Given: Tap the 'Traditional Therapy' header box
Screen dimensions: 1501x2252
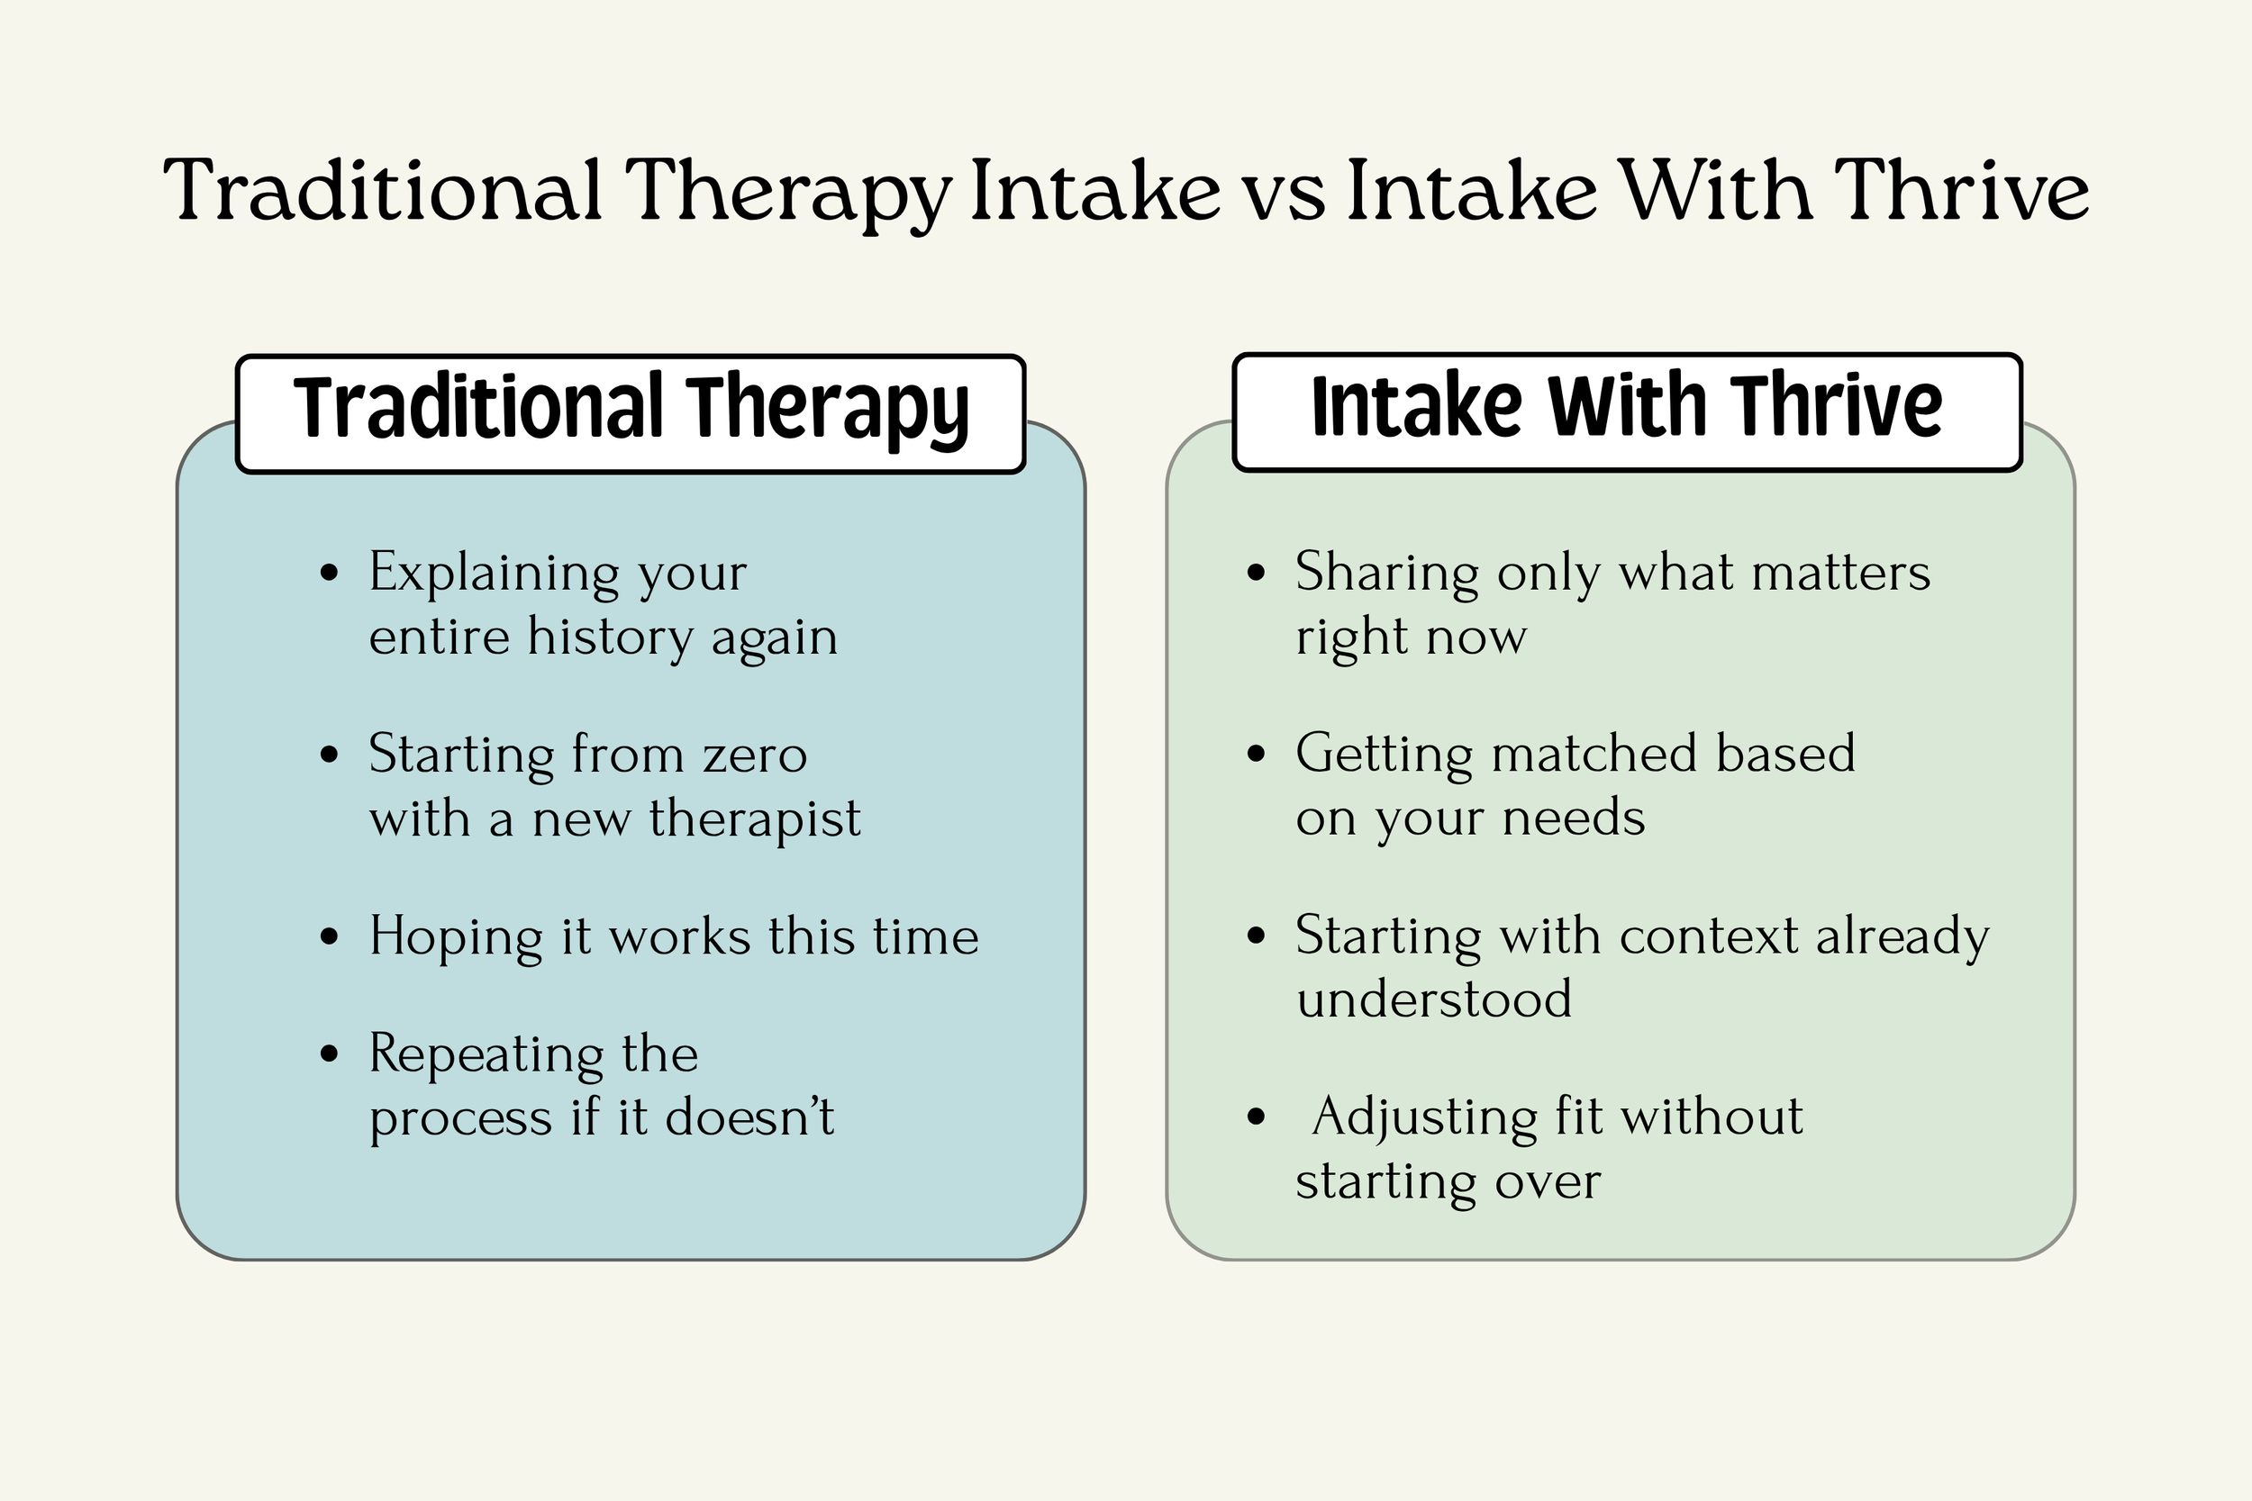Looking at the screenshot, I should (631, 412).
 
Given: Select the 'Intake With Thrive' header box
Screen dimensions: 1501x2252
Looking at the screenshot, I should (1627, 411).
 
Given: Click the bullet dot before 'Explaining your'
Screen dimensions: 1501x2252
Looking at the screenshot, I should (330, 574).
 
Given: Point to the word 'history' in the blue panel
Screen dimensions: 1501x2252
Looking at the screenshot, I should (610, 637).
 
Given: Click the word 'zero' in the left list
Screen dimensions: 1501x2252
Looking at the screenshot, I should (756, 755).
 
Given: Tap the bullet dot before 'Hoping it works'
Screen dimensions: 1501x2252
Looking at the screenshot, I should (330, 936).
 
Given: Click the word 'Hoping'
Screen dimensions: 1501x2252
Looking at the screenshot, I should (456, 937).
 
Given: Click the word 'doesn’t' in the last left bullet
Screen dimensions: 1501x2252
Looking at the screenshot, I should (749, 1117).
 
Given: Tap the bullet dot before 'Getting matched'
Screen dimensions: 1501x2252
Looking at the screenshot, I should (1257, 755).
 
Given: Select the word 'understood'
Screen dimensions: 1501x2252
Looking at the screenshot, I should (1433, 999).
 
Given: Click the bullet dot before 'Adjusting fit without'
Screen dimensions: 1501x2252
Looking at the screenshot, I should (1257, 1117).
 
